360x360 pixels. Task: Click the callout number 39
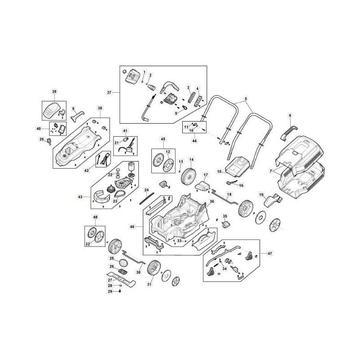click(54, 92)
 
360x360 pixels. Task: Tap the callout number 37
click(109, 93)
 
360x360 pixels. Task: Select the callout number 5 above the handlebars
click(246, 99)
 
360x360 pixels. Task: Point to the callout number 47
click(270, 254)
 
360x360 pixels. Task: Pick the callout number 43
click(81, 197)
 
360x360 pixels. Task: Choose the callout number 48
click(95, 217)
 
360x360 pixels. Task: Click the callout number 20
click(41, 139)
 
